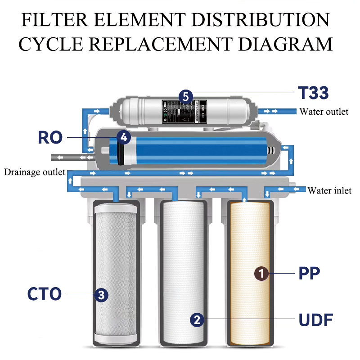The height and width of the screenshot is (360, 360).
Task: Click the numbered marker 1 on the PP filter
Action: point(262,273)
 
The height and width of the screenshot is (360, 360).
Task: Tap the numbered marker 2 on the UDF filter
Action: point(197,319)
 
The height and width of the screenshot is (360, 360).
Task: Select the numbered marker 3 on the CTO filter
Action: point(101,295)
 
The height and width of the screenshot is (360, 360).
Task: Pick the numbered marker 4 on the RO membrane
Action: point(124,137)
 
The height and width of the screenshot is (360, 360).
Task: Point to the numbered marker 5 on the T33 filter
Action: point(185,96)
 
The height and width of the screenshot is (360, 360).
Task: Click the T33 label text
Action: point(314,93)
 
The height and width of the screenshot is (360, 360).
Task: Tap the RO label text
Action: point(49,137)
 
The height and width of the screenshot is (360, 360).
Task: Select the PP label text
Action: point(309,273)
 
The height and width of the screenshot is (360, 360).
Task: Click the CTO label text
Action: point(44,294)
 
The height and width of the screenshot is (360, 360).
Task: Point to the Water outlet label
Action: point(324,112)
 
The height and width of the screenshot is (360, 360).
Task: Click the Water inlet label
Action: point(329,191)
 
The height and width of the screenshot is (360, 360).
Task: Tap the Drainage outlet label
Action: point(35,172)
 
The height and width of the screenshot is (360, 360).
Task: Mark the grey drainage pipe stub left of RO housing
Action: point(63,157)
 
